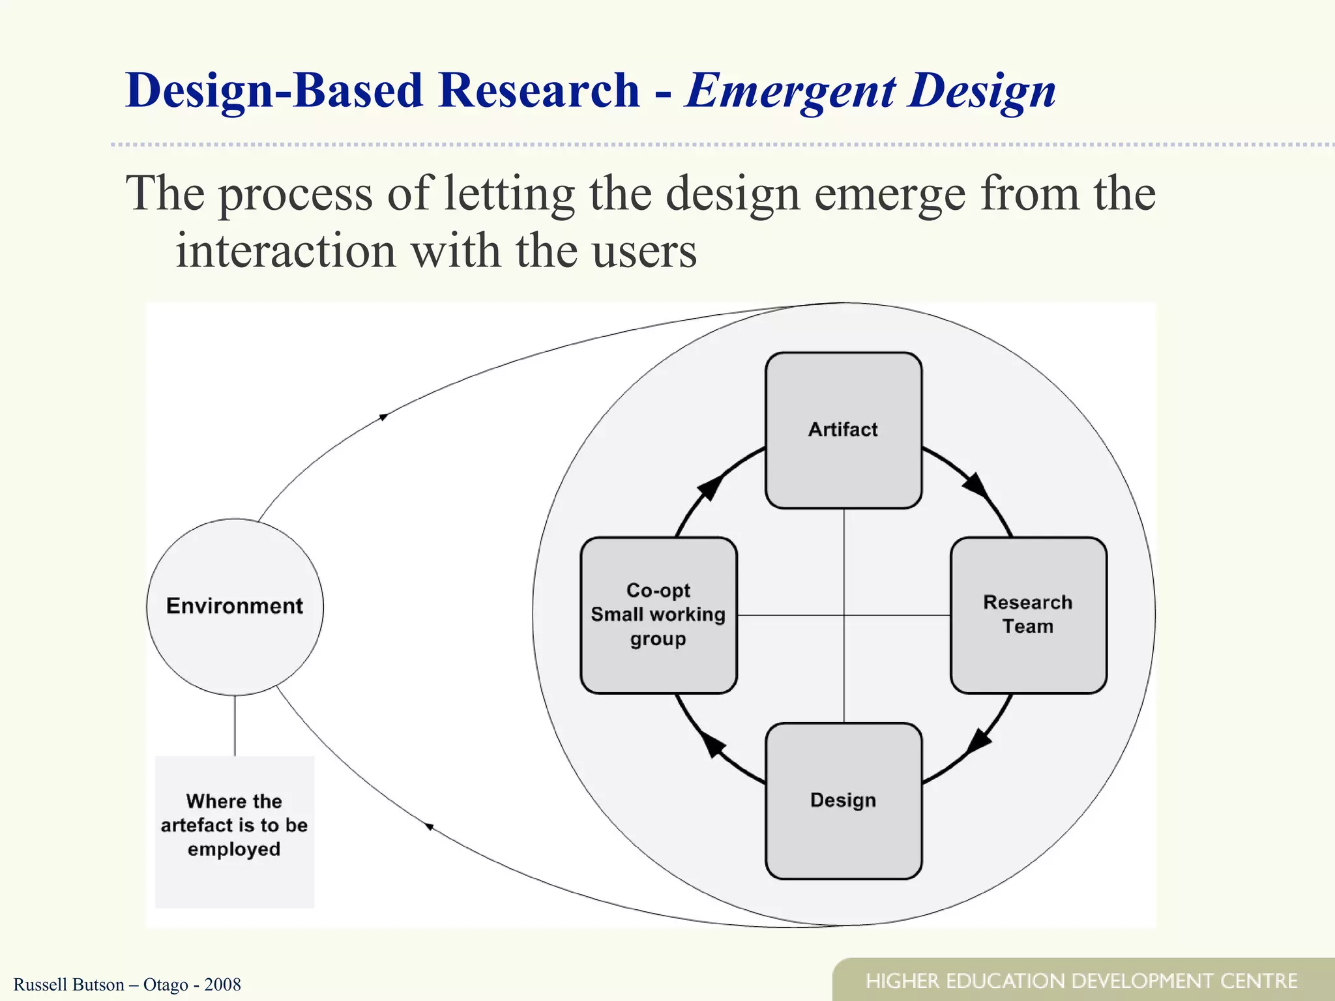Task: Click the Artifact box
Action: pos(843,430)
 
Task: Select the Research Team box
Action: pos(1028,615)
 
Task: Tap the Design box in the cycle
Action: pos(843,800)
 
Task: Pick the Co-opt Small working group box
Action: pos(658,615)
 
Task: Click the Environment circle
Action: pos(235,606)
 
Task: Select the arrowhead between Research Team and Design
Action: pos(978,742)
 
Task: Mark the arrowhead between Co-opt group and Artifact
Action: pos(710,487)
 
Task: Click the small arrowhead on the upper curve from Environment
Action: pos(384,416)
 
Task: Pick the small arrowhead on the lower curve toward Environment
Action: pos(429,826)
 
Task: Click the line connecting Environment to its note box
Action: pos(235,725)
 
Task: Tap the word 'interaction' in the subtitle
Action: pos(286,252)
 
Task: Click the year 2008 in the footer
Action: pos(222,985)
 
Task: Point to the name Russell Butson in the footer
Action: pos(68,985)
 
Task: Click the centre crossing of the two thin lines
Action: pos(844,615)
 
